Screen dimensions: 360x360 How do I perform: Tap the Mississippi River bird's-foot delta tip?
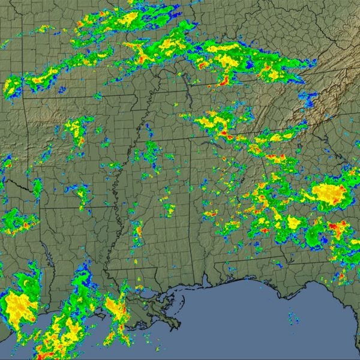[175, 324]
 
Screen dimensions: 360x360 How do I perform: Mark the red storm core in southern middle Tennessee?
[223, 79]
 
